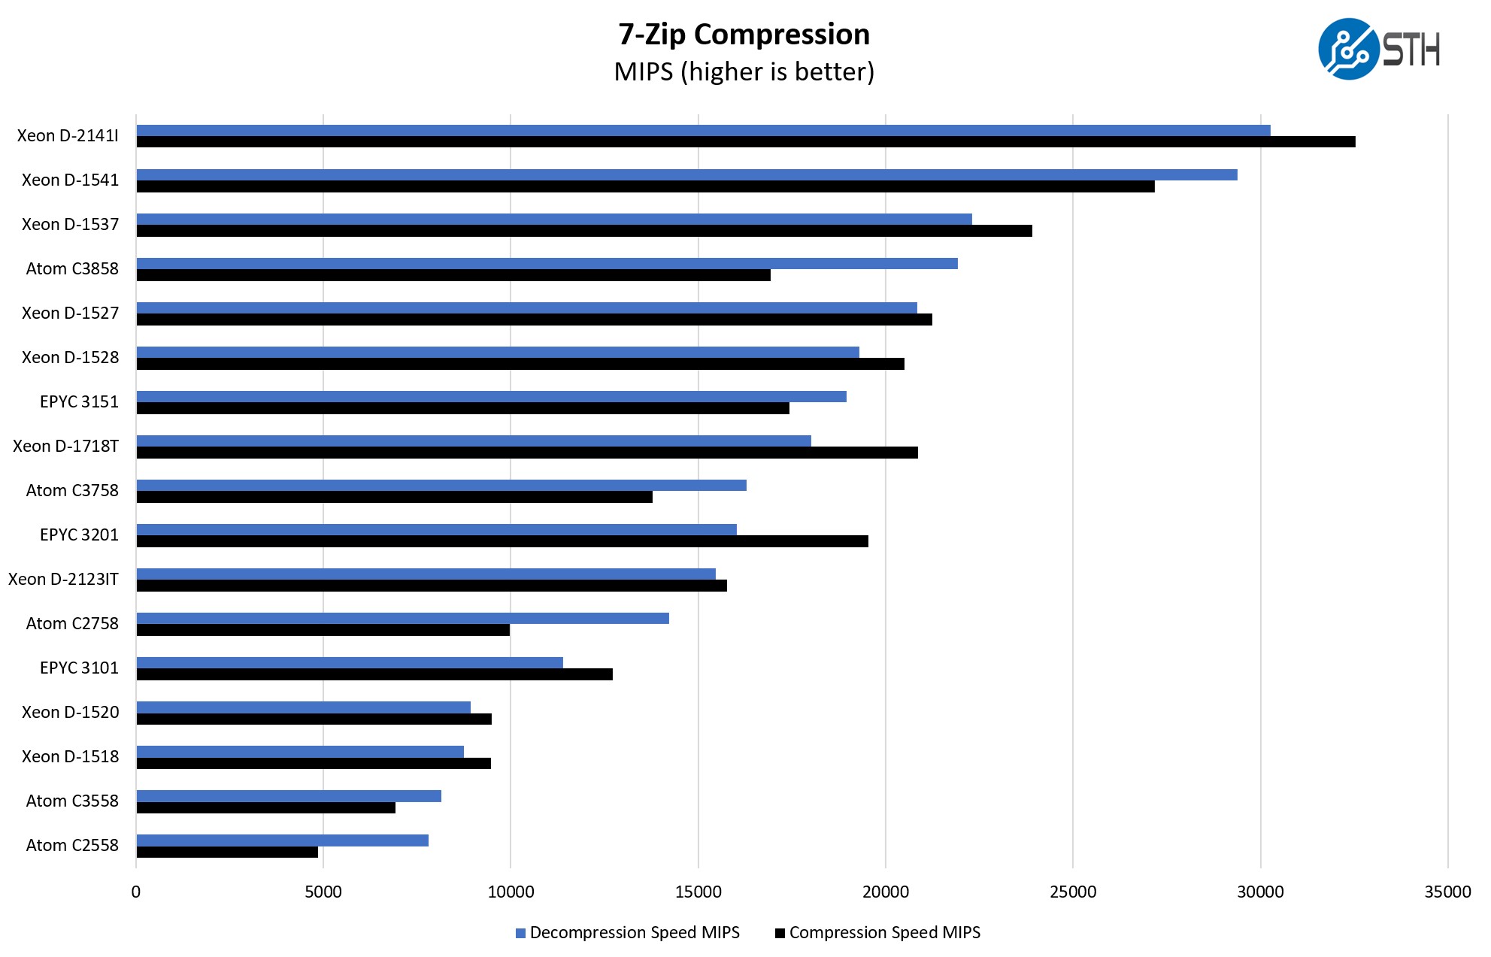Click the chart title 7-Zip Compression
click(x=744, y=35)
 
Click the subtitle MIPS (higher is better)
click(x=744, y=72)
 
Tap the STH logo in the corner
click(x=1379, y=50)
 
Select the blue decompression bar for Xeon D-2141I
click(x=703, y=131)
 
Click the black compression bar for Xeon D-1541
click(x=645, y=186)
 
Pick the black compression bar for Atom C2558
click(x=227, y=853)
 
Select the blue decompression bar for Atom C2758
click(x=402, y=618)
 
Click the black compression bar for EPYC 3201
click(x=502, y=541)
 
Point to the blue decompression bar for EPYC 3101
click(x=350, y=662)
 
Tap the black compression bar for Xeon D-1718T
click(x=527, y=453)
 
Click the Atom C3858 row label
click(x=72, y=269)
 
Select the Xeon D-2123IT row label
click(x=63, y=580)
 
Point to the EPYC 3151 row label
click(x=79, y=402)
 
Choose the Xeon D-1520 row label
click(x=70, y=713)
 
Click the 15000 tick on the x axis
click(x=698, y=892)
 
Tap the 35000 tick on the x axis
click(x=1447, y=892)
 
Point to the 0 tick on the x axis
click(x=136, y=892)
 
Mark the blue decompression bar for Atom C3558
click(x=289, y=796)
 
